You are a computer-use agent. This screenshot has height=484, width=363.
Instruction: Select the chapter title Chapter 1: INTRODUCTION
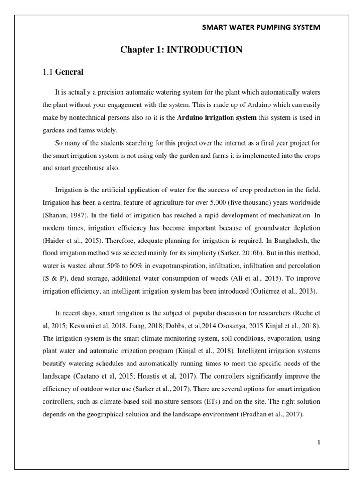(x=181, y=50)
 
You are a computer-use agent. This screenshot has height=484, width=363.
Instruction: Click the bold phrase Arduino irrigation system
(x=216, y=118)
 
